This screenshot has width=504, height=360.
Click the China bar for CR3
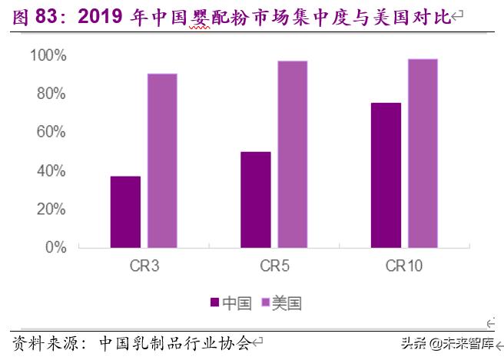click(x=125, y=212)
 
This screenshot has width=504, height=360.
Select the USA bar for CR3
click(x=162, y=160)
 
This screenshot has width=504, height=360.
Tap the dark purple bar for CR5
click(x=255, y=200)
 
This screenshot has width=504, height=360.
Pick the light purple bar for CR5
click(x=292, y=154)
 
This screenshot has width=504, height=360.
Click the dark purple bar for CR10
click(x=386, y=175)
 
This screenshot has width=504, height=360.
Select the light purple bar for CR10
click(x=423, y=154)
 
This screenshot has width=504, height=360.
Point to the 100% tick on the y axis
click(x=48, y=55)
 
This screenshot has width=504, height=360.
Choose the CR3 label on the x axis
click(x=144, y=267)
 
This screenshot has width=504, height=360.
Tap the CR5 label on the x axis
click(x=274, y=267)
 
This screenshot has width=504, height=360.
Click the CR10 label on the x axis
click(x=404, y=267)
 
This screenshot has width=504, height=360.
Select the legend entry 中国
click(x=230, y=303)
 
